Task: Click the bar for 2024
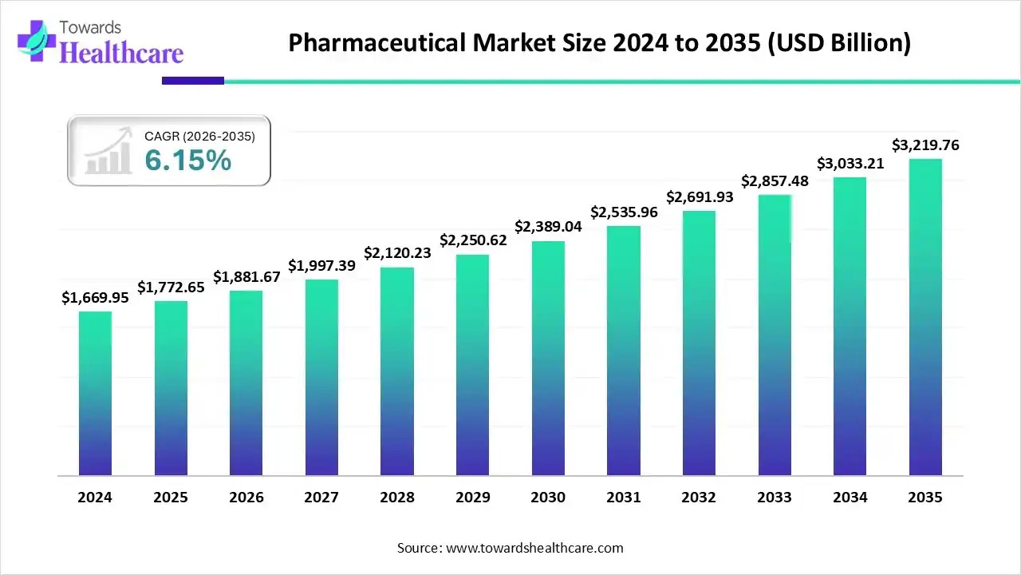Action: coord(95,393)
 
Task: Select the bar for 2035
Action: coord(925,317)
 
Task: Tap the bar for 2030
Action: coord(548,358)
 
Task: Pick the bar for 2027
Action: coord(321,377)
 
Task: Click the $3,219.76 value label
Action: coord(925,145)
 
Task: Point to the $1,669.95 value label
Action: coord(95,297)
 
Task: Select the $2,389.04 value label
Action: coord(548,227)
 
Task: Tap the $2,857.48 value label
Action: coord(775,180)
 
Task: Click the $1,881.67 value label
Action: coord(246,276)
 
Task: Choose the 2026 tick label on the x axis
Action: coord(246,497)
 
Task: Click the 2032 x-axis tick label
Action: coord(699,497)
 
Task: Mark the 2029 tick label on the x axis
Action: coord(472,497)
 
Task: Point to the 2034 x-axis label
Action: coord(850,497)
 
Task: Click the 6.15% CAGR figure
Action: coord(187,161)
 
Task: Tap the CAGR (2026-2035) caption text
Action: coord(199,137)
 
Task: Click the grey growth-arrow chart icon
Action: coord(108,151)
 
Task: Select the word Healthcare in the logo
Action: coord(121,53)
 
